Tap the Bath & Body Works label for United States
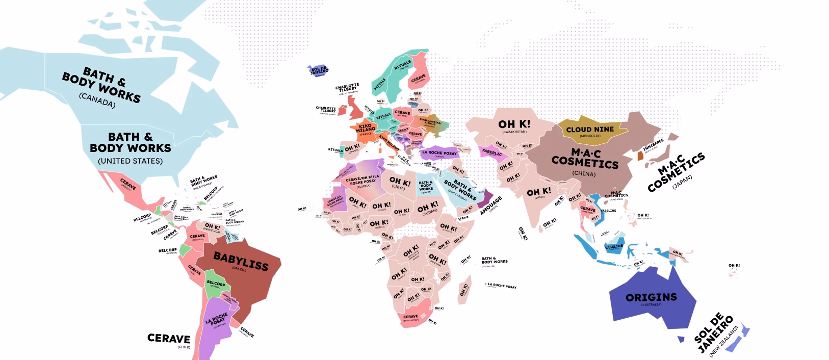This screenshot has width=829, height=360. coord(131,142)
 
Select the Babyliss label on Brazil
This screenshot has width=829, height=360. coord(241,261)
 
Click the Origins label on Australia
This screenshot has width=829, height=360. coord(651,297)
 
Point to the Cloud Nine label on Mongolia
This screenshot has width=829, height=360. coord(590,130)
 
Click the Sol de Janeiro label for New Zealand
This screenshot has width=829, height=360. coord(713,334)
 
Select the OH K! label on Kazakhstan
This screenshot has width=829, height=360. coord(514,124)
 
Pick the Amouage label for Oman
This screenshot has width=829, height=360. coord(490,205)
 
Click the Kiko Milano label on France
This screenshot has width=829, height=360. coord(365,127)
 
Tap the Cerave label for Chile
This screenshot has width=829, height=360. coord(169,339)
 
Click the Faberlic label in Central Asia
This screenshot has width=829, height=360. coord(492,153)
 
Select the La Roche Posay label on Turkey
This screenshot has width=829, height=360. coord(439,152)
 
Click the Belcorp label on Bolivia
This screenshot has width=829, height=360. coord(216,284)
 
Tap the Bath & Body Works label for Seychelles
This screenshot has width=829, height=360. coord(494,260)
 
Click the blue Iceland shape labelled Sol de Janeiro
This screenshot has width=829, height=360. coord(319,70)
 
